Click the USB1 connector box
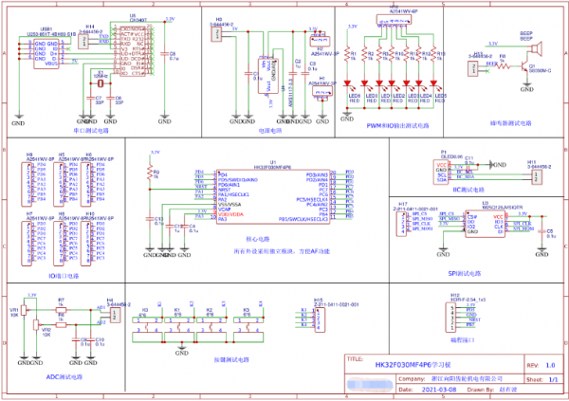(x=46, y=52)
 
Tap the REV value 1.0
(x=549, y=365)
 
